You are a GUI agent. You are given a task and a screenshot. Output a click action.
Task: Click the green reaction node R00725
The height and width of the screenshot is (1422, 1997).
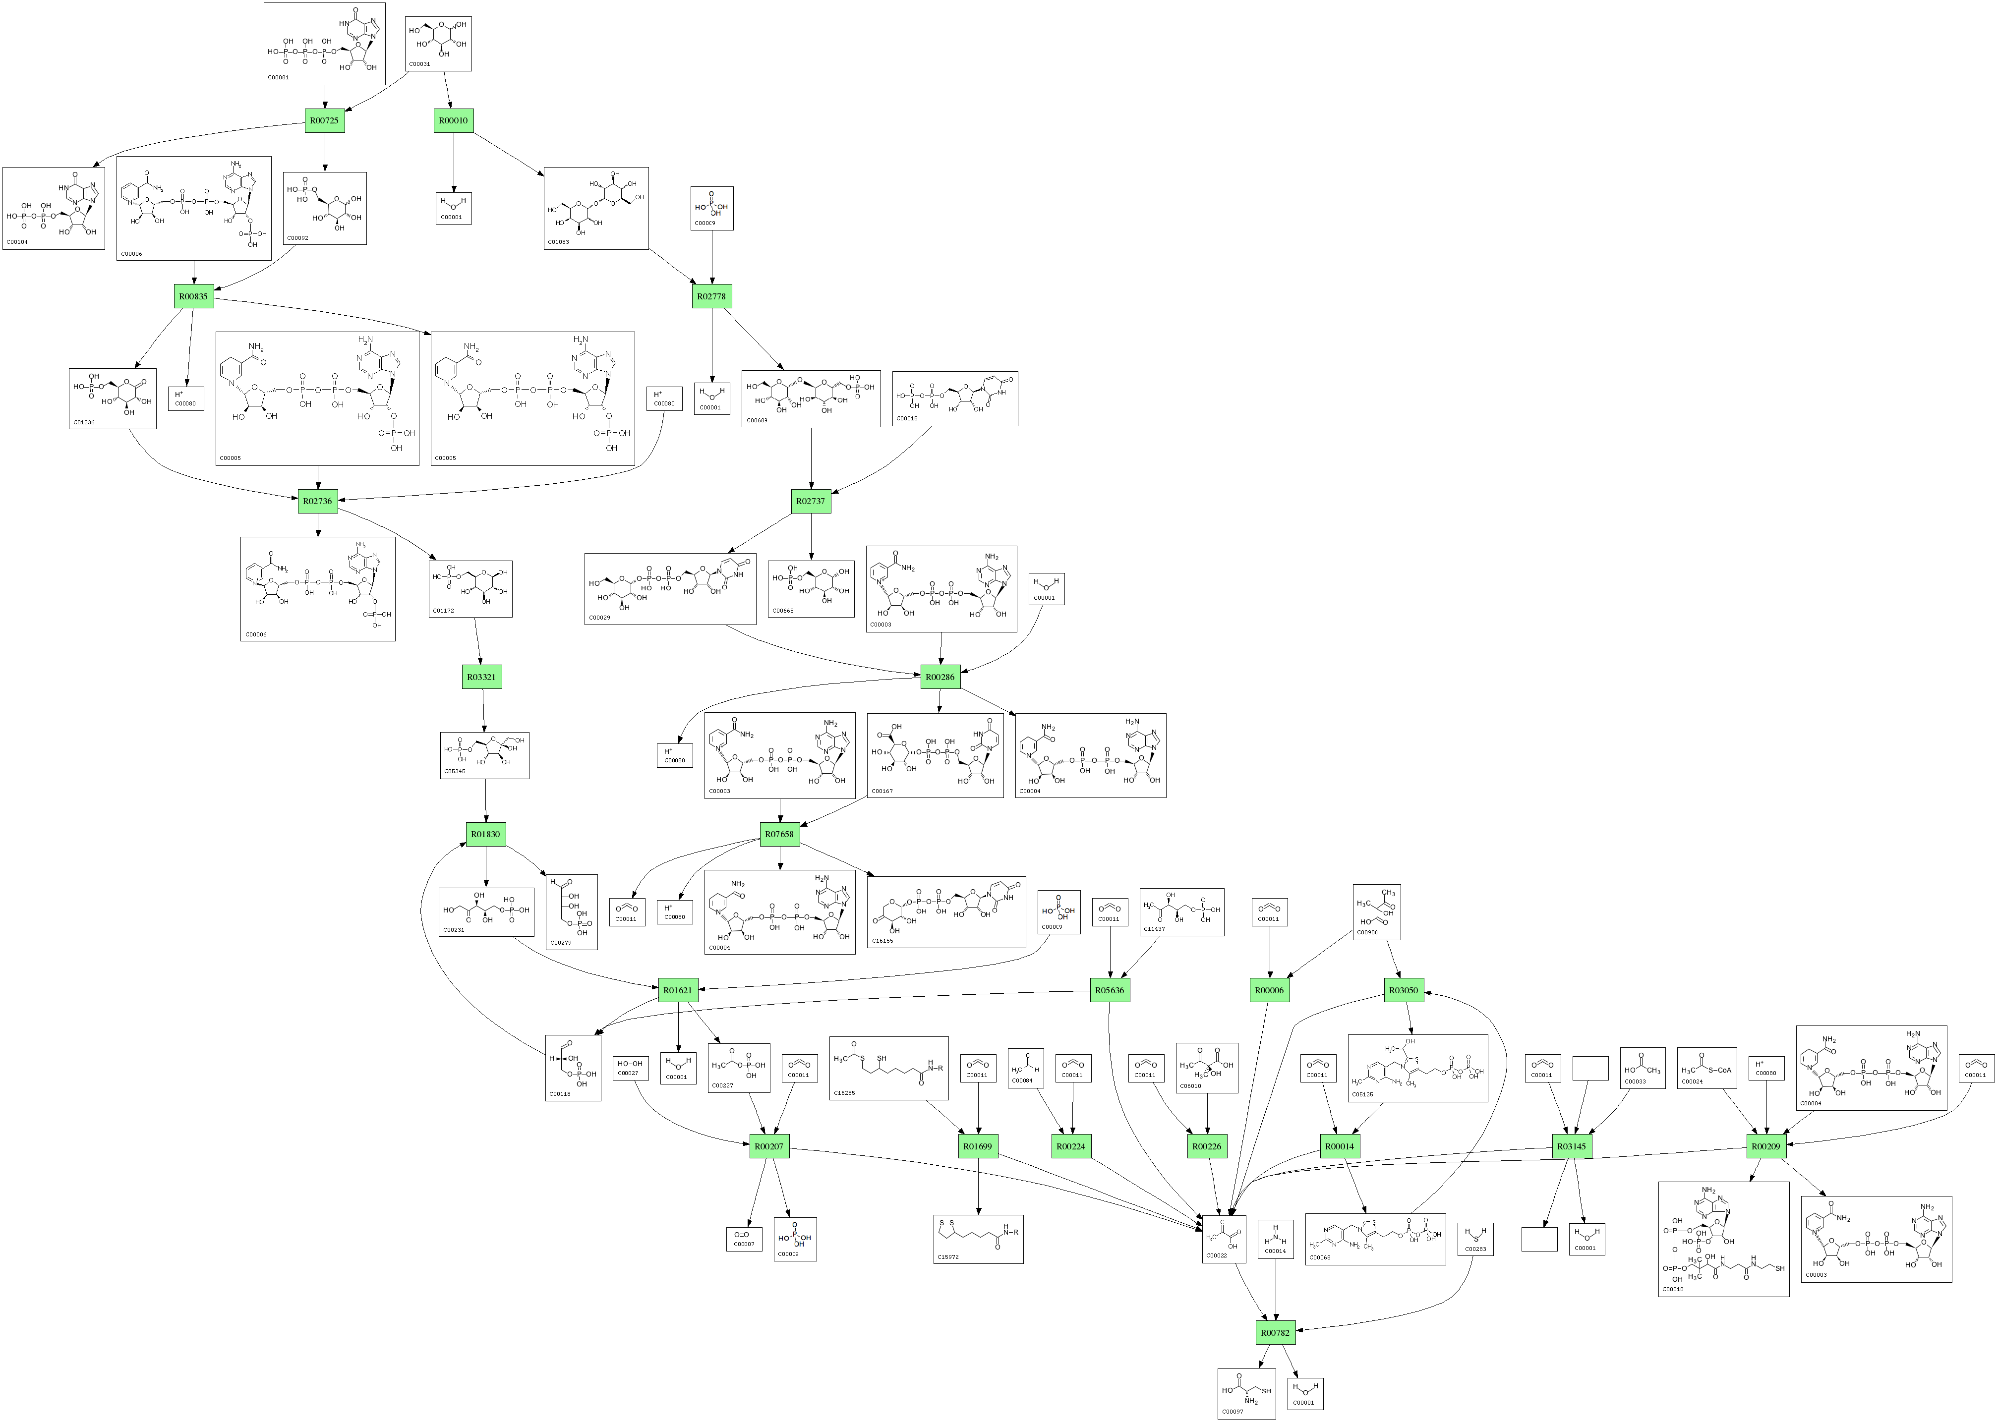(x=324, y=121)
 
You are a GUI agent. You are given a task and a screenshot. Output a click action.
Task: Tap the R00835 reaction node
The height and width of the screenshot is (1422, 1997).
(x=193, y=297)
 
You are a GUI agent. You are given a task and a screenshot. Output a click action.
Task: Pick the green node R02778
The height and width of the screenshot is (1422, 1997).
(x=711, y=297)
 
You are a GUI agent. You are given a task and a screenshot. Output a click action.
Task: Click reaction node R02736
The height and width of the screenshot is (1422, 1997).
(x=317, y=502)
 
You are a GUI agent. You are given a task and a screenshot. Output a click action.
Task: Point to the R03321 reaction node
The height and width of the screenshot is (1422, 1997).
(x=482, y=677)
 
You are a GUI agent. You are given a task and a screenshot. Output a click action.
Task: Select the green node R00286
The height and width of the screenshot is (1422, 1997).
(x=940, y=677)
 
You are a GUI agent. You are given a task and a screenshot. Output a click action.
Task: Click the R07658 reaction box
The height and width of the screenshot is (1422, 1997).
(x=779, y=835)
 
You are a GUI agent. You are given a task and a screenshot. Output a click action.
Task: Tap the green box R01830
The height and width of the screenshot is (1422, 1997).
(x=485, y=835)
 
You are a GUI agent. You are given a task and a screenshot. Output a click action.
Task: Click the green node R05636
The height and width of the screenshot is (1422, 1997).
(x=1110, y=990)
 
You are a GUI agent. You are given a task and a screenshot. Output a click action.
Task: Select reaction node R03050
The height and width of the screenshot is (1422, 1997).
(x=1403, y=990)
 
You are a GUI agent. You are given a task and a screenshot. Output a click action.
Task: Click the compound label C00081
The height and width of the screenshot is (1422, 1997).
(x=278, y=77)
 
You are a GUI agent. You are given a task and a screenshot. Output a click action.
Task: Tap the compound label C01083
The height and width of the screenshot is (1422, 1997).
(x=558, y=242)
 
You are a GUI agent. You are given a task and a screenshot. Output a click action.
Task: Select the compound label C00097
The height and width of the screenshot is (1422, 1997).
(x=1233, y=1412)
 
